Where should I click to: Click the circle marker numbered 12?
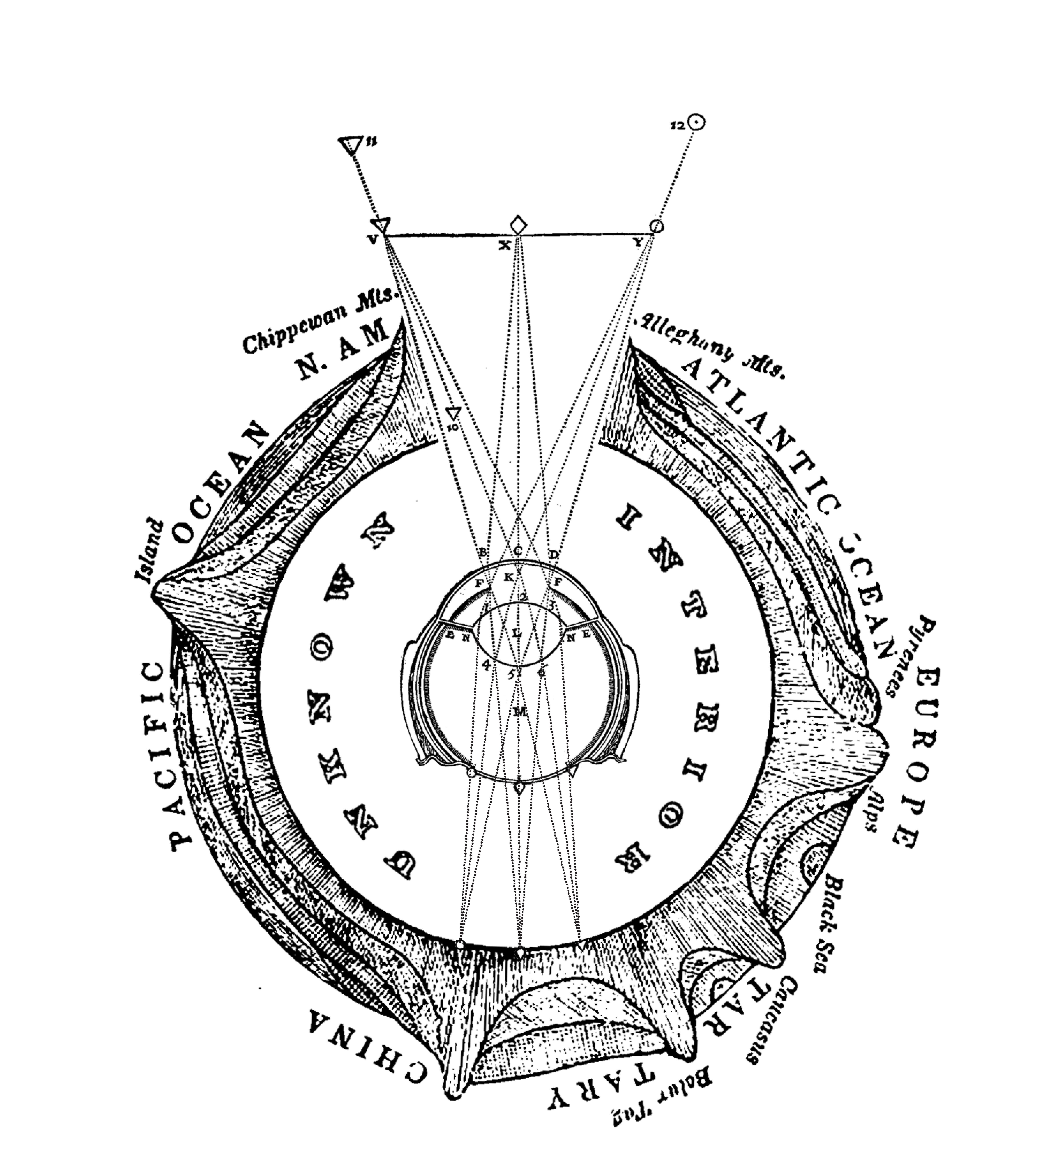point(696,122)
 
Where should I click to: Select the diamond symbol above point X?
point(519,224)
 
